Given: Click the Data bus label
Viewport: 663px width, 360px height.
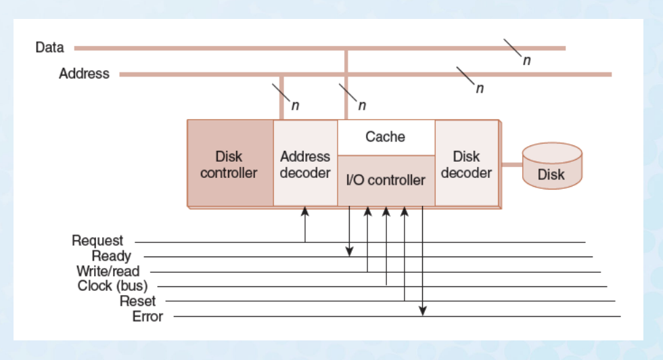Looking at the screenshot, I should click(49, 47).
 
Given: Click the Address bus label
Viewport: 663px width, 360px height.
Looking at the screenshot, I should click(84, 74).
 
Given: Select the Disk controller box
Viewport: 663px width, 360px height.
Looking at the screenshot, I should click(229, 164).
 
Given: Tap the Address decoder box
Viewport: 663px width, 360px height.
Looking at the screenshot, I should click(305, 164).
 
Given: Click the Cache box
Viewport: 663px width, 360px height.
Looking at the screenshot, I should click(385, 137).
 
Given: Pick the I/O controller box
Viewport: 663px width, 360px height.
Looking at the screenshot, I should click(386, 180).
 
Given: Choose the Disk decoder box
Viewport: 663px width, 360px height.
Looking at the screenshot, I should click(466, 164).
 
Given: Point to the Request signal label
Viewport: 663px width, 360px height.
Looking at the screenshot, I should click(97, 241).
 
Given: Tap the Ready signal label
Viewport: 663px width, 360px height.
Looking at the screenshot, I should click(111, 256).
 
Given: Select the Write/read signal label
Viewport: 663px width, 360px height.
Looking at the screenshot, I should click(108, 271).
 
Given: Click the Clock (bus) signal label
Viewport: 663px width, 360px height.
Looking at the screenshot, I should click(112, 286).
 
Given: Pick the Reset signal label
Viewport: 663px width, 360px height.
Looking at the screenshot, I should click(137, 301).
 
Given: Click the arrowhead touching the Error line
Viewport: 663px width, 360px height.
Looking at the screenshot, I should click(422, 311).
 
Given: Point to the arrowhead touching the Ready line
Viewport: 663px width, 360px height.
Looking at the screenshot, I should click(350, 252).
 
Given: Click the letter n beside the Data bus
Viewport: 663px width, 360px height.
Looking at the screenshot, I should click(526, 60).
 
